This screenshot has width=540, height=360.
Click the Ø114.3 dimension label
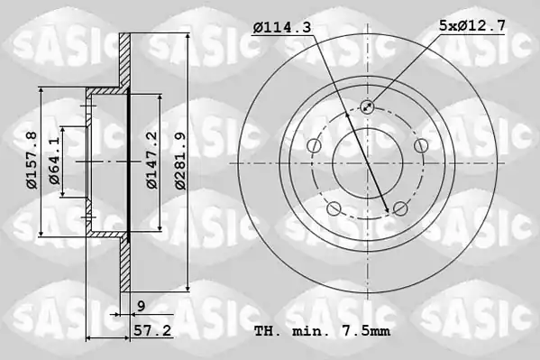tap(282, 27)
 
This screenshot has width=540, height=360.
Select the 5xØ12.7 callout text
tap(472, 25)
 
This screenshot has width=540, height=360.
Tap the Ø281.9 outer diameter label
tap(180, 161)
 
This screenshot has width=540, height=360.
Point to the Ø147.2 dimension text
tap(151, 160)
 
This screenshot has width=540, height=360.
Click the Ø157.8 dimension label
tap(32, 160)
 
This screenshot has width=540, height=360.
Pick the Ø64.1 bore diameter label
tap(54, 161)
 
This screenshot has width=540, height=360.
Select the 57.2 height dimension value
tap(152, 331)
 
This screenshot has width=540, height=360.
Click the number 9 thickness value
tap(142, 306)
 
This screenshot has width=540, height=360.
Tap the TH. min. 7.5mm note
tap(323, 331)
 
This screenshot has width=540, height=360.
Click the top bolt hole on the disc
tap(368, 106)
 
